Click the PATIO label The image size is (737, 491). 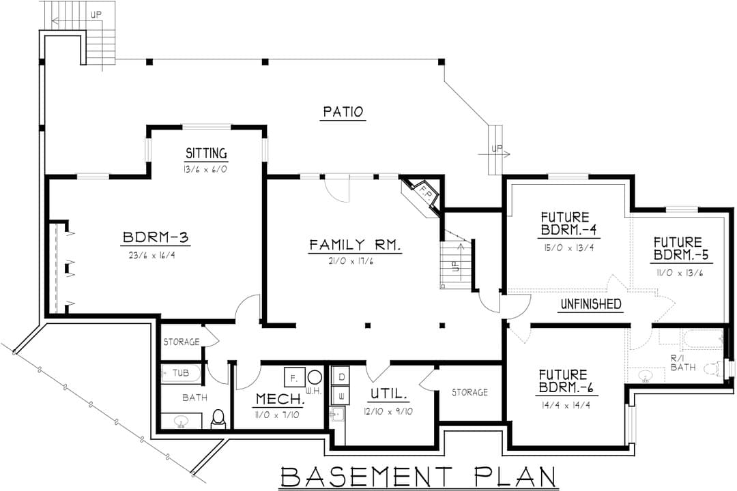click(343, 112)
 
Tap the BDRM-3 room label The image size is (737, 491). click(156, 237)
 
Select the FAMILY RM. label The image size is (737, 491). click(355, 245)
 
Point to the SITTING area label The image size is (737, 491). click(206, 153)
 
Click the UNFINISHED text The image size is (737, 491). click(591, 303)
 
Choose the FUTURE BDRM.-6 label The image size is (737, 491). click(563, 381)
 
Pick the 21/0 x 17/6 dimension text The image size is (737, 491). click(351, 261)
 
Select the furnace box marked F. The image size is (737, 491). click(294, 377)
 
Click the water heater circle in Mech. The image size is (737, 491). click(315, 377)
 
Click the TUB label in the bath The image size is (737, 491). click(180, 373)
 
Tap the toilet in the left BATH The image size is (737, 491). click(218, 419)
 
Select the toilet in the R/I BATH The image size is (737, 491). click(714, 368)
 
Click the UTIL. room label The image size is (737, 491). click(389, 393)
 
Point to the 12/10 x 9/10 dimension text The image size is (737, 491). click(389, 412)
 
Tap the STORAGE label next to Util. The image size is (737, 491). click(469, 392)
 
